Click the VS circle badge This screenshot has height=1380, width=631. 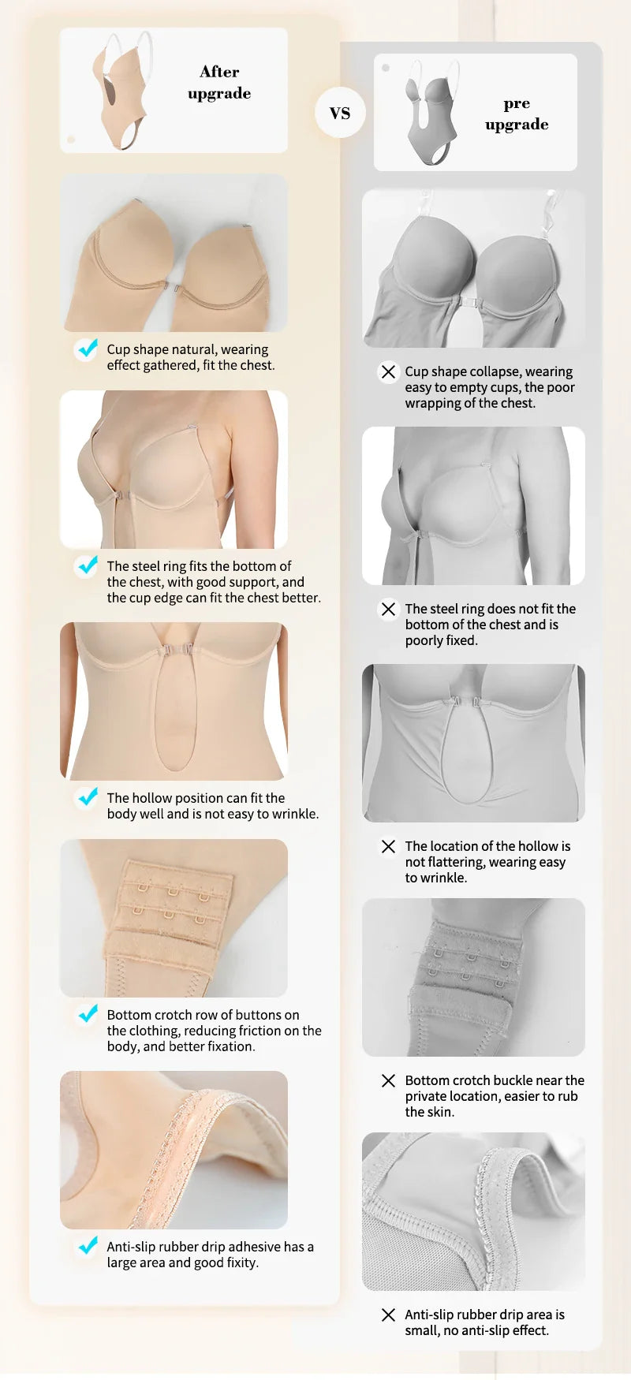tap(340, 113)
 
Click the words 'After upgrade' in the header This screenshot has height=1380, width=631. tap(219, 82)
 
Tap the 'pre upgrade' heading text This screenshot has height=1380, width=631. tap(517, 114)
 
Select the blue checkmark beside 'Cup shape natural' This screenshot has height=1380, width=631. tap(87, 349)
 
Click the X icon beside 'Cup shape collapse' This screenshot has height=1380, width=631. tap(388, 371)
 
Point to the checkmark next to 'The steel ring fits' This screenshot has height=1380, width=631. tap(87, 565)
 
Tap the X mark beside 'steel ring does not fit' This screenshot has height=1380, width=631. tap(388, 609)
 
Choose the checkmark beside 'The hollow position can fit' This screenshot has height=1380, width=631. tap(87, 797)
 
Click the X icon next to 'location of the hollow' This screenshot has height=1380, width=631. tap(388, 846)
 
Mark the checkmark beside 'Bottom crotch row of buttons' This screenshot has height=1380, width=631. tap(87, 1014)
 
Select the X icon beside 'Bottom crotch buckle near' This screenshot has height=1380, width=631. tap(388, 1080)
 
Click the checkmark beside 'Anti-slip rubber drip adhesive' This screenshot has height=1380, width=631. tap(87, 1246)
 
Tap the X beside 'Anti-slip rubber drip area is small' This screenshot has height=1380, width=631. tap(388, 1315)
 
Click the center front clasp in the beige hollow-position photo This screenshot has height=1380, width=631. tap(177, 651)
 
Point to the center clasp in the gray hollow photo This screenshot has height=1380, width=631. tap(467, 701)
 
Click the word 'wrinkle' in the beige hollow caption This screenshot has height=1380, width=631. tap(293, 814)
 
